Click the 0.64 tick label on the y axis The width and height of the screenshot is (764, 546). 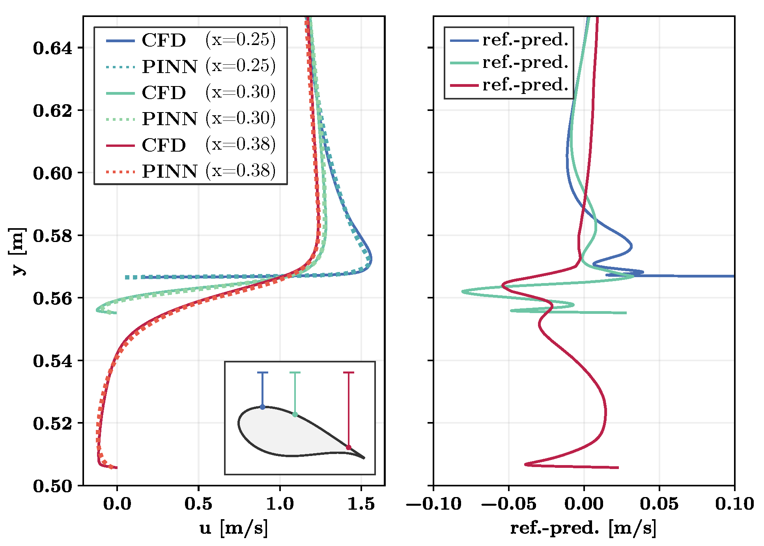click(53, 48)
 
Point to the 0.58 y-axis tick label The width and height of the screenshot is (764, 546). click(53, 236)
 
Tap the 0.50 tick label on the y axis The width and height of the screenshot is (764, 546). click(53, 486)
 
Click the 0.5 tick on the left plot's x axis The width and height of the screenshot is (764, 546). click(198, 504)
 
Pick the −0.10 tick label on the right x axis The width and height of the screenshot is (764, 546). click(433, 504)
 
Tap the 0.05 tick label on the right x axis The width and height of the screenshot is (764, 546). click(659, 504)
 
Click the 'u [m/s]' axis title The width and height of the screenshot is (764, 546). click(233, 528)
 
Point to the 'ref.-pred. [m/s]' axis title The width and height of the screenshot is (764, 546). click(583, 528)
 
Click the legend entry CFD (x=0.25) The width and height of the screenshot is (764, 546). click(191, 40)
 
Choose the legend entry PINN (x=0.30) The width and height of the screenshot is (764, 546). click(191, 118)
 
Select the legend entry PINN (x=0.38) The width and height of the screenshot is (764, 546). click(191, 171)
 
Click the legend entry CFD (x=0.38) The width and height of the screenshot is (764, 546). click(191, 145)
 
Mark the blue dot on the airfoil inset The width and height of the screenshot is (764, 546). click(263, 407)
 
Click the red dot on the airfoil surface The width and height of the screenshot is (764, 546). click(349, 447)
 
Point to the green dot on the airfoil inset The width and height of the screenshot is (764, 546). click(295, 415)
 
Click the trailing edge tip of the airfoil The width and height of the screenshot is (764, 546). click(364, 458)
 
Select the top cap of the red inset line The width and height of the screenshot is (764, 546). click(349, 372)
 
